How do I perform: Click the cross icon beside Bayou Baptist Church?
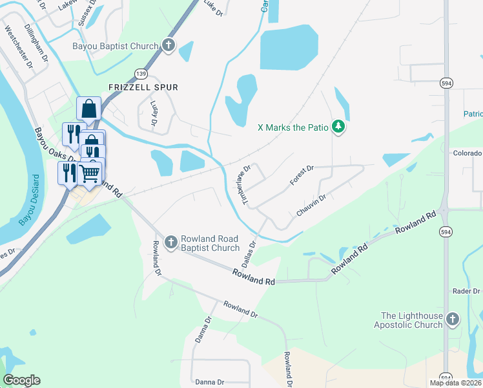[169, 46]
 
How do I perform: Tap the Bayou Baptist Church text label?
[116, 47]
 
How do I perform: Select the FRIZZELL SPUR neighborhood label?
[143, 87]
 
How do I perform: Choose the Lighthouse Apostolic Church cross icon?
[453, 319]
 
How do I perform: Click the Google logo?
[21, 380]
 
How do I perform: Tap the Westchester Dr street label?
[17, 47]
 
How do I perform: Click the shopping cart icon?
[90, 173]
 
